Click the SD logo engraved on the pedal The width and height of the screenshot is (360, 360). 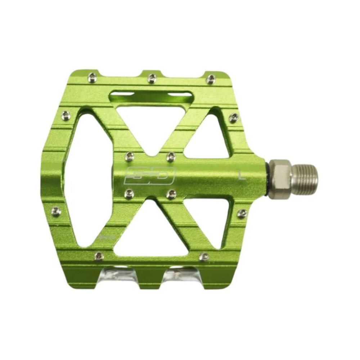pyautogui.click(x=149, y=175)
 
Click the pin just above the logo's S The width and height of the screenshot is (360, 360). pyautogui.click(x=130, y=156)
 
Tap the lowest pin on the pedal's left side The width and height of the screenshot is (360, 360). pyautogui.click(x=55, y=210)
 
